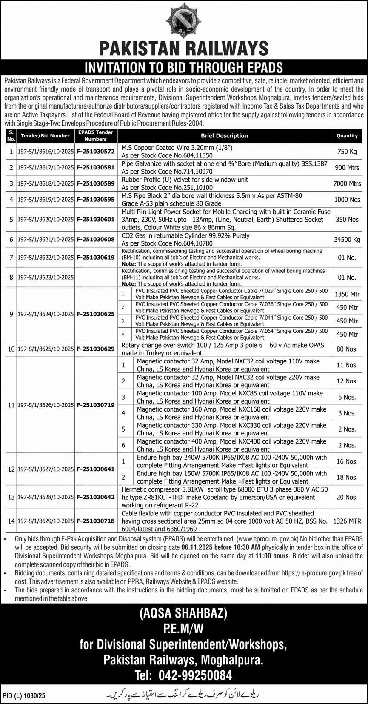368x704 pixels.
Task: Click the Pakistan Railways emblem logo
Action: pyautogui.click(x=184, y=20)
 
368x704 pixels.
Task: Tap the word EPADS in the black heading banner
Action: pyautogui.click(x=260, y=67)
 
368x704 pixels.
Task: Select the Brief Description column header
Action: pyautogui.click(x=224, y=136)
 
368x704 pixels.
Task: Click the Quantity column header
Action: pyautogui.click(x=347, y=136)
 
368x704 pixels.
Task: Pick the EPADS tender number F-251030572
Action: pyautogui.click(x=96, y=151)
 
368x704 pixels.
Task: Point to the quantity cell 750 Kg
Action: pyautogui.click(x=347, y=151)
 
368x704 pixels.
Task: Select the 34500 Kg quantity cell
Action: pyautogui.click(x=347, y=240)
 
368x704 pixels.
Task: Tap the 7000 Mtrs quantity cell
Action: pyautogui.click(x=347, y=183)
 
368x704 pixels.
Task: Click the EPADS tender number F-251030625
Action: pyautogui.click(x=96, y=314)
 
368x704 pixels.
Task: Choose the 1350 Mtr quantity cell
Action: pyautogui.click(x=347, y=294)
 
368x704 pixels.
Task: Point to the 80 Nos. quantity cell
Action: pyautogui.click(x=347, y=349)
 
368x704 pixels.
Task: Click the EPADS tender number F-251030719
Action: pyautogui.click(x=96, y=405)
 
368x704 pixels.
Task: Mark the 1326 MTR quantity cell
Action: pyautogui.click(x=347, y=521)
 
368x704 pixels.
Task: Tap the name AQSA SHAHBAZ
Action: pyautogui.click(x=184, y=614)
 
